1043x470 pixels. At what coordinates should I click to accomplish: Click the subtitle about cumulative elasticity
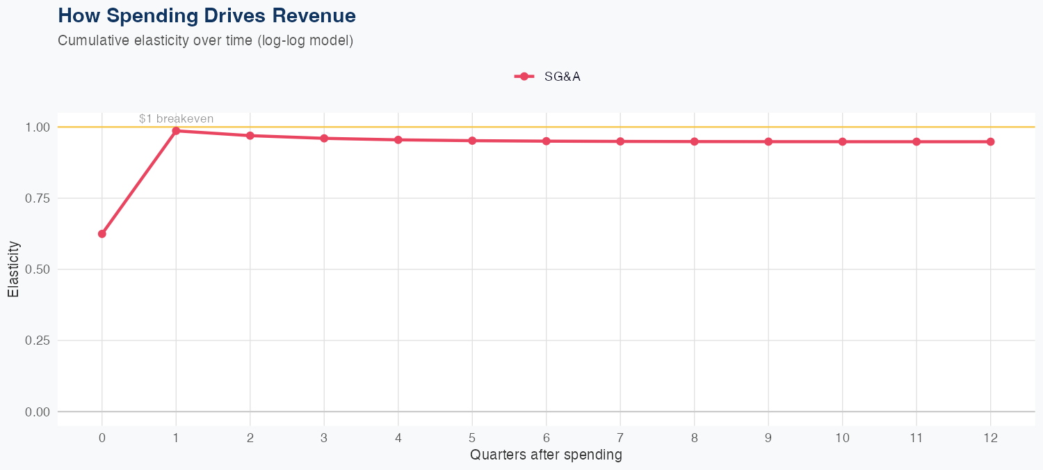point(206,40)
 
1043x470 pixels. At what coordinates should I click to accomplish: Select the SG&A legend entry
point(547,77)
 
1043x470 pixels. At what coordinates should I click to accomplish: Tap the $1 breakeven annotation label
point(176,119)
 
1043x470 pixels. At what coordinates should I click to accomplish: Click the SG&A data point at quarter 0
point(102,234)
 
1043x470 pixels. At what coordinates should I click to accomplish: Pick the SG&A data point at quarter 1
point(176,131)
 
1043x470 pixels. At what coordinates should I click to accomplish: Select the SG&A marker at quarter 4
point(398,140)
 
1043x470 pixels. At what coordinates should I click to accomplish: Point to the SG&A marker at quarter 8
point(694,141)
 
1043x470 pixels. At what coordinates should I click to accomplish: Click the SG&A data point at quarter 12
point(990,141)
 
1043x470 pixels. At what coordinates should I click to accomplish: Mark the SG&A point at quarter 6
point(547,141)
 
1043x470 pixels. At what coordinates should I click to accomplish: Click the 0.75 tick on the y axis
point(38,198)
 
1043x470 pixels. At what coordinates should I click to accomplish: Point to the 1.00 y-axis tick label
point(38,127)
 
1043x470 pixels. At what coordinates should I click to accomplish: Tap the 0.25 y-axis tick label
point(38,340)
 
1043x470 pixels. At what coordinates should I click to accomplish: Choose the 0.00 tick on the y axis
point(38,412)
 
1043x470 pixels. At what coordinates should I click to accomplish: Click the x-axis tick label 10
point(842,438)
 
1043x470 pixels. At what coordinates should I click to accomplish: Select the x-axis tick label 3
point(324,438)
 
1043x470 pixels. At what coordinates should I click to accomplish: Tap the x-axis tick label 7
point(620,438)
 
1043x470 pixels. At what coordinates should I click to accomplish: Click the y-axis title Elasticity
point(13,269)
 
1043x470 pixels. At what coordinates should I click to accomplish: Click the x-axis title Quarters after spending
point(546,455)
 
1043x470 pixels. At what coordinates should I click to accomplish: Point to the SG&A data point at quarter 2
point(250,136)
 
